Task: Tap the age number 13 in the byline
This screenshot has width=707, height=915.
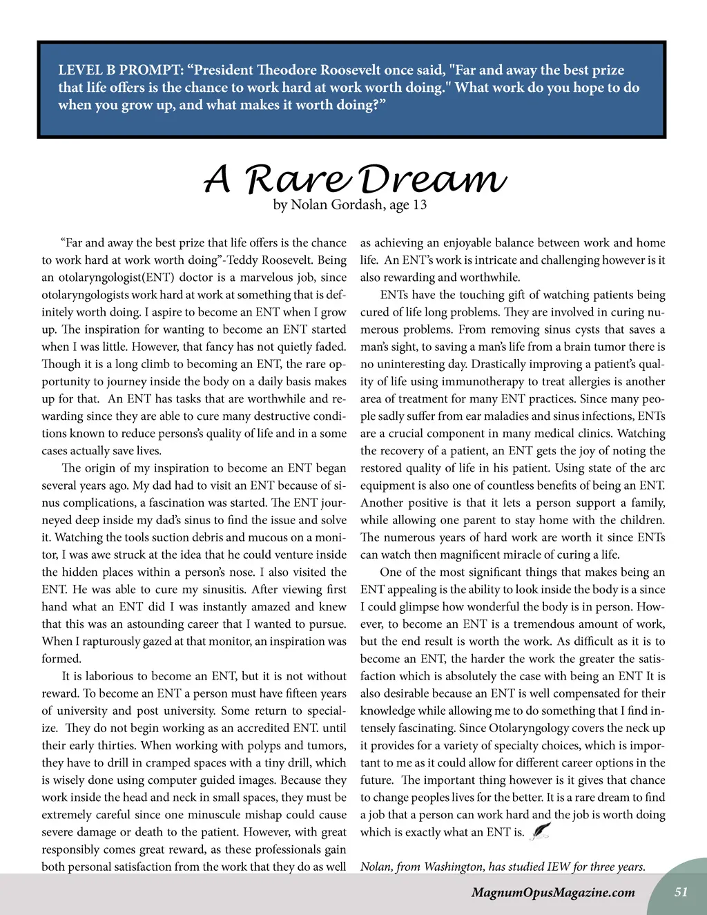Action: [x=420, y=204]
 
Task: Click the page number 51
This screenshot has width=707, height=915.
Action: [x=681, y=892]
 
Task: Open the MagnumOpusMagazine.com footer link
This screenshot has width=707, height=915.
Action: [x=552, y=892]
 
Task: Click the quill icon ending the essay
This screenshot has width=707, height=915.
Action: [x=540, y=831]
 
